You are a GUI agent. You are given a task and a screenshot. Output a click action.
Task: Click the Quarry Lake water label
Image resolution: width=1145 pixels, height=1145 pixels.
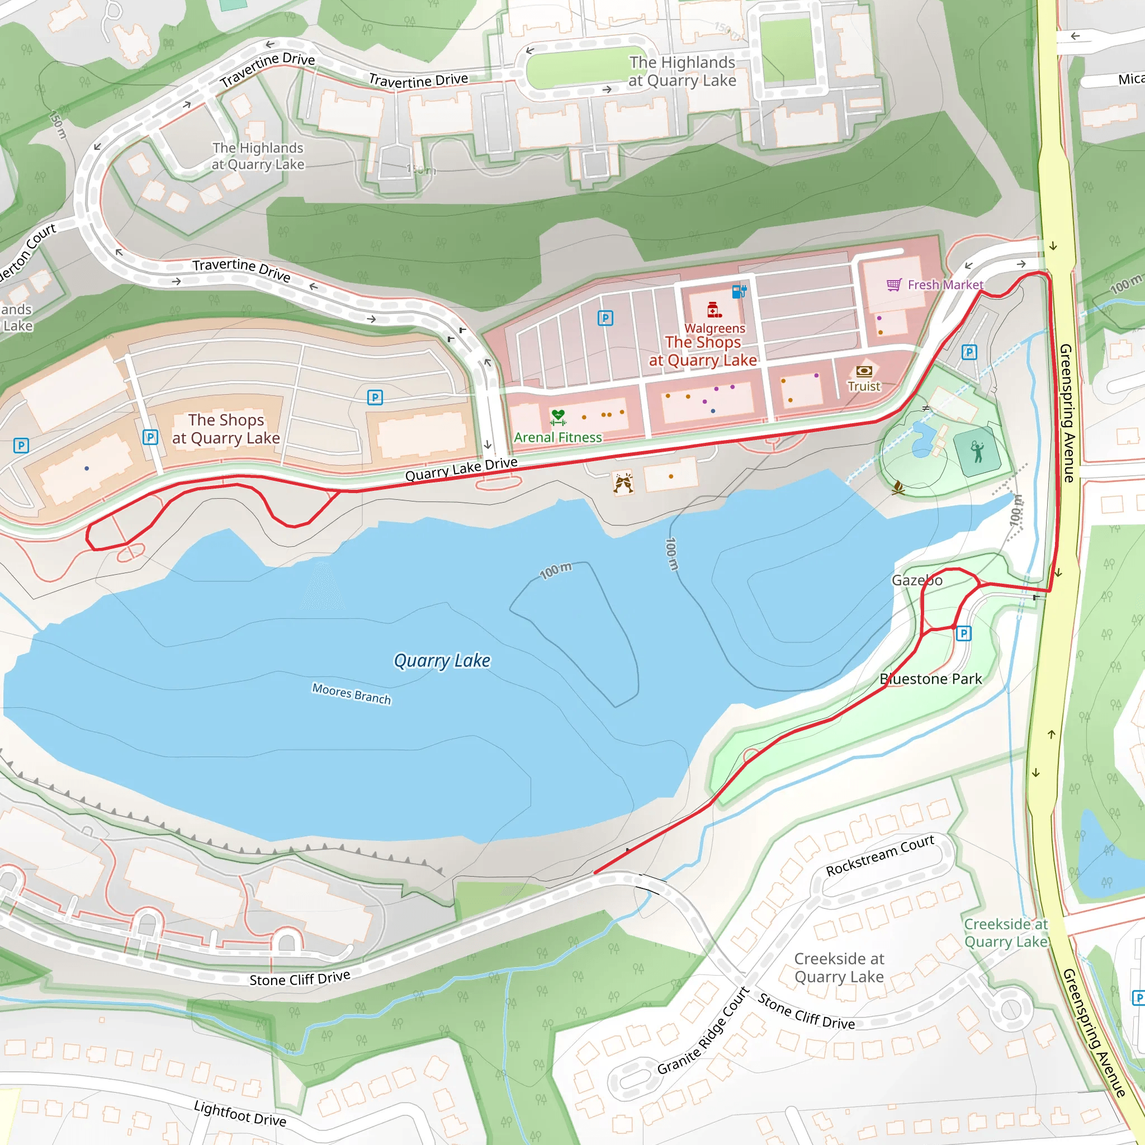pyautogui.click(x=442, y=661)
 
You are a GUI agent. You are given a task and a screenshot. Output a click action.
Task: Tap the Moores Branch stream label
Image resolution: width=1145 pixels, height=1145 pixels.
pyautogui.click(x=352, y=693)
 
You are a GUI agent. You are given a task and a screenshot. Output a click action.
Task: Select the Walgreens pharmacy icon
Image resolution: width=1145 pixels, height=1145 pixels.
pyautogui.click(x=714, y=309)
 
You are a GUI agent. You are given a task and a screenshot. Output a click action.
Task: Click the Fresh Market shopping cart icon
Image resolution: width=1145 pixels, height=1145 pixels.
pyautogui.click(x=894, y=285)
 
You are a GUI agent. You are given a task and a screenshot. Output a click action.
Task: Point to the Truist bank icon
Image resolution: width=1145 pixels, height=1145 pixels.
pyautogui.click(x=864, y=372)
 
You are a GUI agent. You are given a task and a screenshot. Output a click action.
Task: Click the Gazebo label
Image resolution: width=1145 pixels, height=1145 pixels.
pyautogui.click(x=917, y=580)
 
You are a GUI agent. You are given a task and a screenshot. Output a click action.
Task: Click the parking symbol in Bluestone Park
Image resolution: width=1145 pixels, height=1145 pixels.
pyautogui.click(x=964, y=633)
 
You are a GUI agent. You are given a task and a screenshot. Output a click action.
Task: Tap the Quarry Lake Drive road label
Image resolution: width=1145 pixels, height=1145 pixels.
pyautogui.click(x=461, y=469)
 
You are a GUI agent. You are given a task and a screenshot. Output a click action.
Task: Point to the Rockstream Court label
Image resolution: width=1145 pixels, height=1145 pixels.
pyautogui.click(x=880, y=855)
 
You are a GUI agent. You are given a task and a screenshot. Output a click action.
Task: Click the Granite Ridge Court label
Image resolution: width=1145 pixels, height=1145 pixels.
pyautogui.click(x=703, y=1030)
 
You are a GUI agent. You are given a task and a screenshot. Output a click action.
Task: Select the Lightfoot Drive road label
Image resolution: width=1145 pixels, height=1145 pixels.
pyautogui.click(x=240, y=1114)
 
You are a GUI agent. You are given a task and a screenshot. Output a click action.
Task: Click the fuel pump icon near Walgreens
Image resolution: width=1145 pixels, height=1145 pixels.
pyautogui.click(x=739, y=291)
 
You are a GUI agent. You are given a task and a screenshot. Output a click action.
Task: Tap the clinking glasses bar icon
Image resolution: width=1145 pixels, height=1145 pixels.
pyautogui.click(x=623, y=483)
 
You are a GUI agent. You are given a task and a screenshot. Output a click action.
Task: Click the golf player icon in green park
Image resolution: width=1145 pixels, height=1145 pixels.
pyautogui.click(x=977, y=452)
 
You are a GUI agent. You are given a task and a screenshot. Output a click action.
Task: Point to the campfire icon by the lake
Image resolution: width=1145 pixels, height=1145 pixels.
pyautogui.click(x=898, y=487)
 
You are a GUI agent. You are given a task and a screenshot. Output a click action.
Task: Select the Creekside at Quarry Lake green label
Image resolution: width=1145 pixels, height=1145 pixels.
pyautogui.click(x=1006, y=933)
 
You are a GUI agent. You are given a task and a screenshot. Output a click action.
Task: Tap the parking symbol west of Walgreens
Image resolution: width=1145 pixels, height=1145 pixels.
pyautogui.click(x=605, y=318)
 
